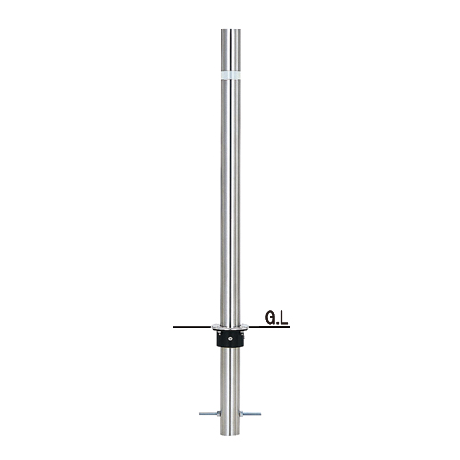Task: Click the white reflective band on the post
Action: click(x=231, y=75)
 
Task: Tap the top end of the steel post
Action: click(x=231, y=29)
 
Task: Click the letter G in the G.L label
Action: click(x=270, y=318)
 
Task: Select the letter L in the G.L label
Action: click(x=284, y=318)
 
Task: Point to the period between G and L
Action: click(x=278, y=323)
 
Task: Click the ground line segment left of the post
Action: click(x=192, y=327)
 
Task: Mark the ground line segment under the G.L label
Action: click(x=270, y=327)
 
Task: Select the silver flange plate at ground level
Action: click(x=231, y=328)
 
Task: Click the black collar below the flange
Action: click(x=231, y=339)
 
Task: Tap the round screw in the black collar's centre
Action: click(x=230, y=339)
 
